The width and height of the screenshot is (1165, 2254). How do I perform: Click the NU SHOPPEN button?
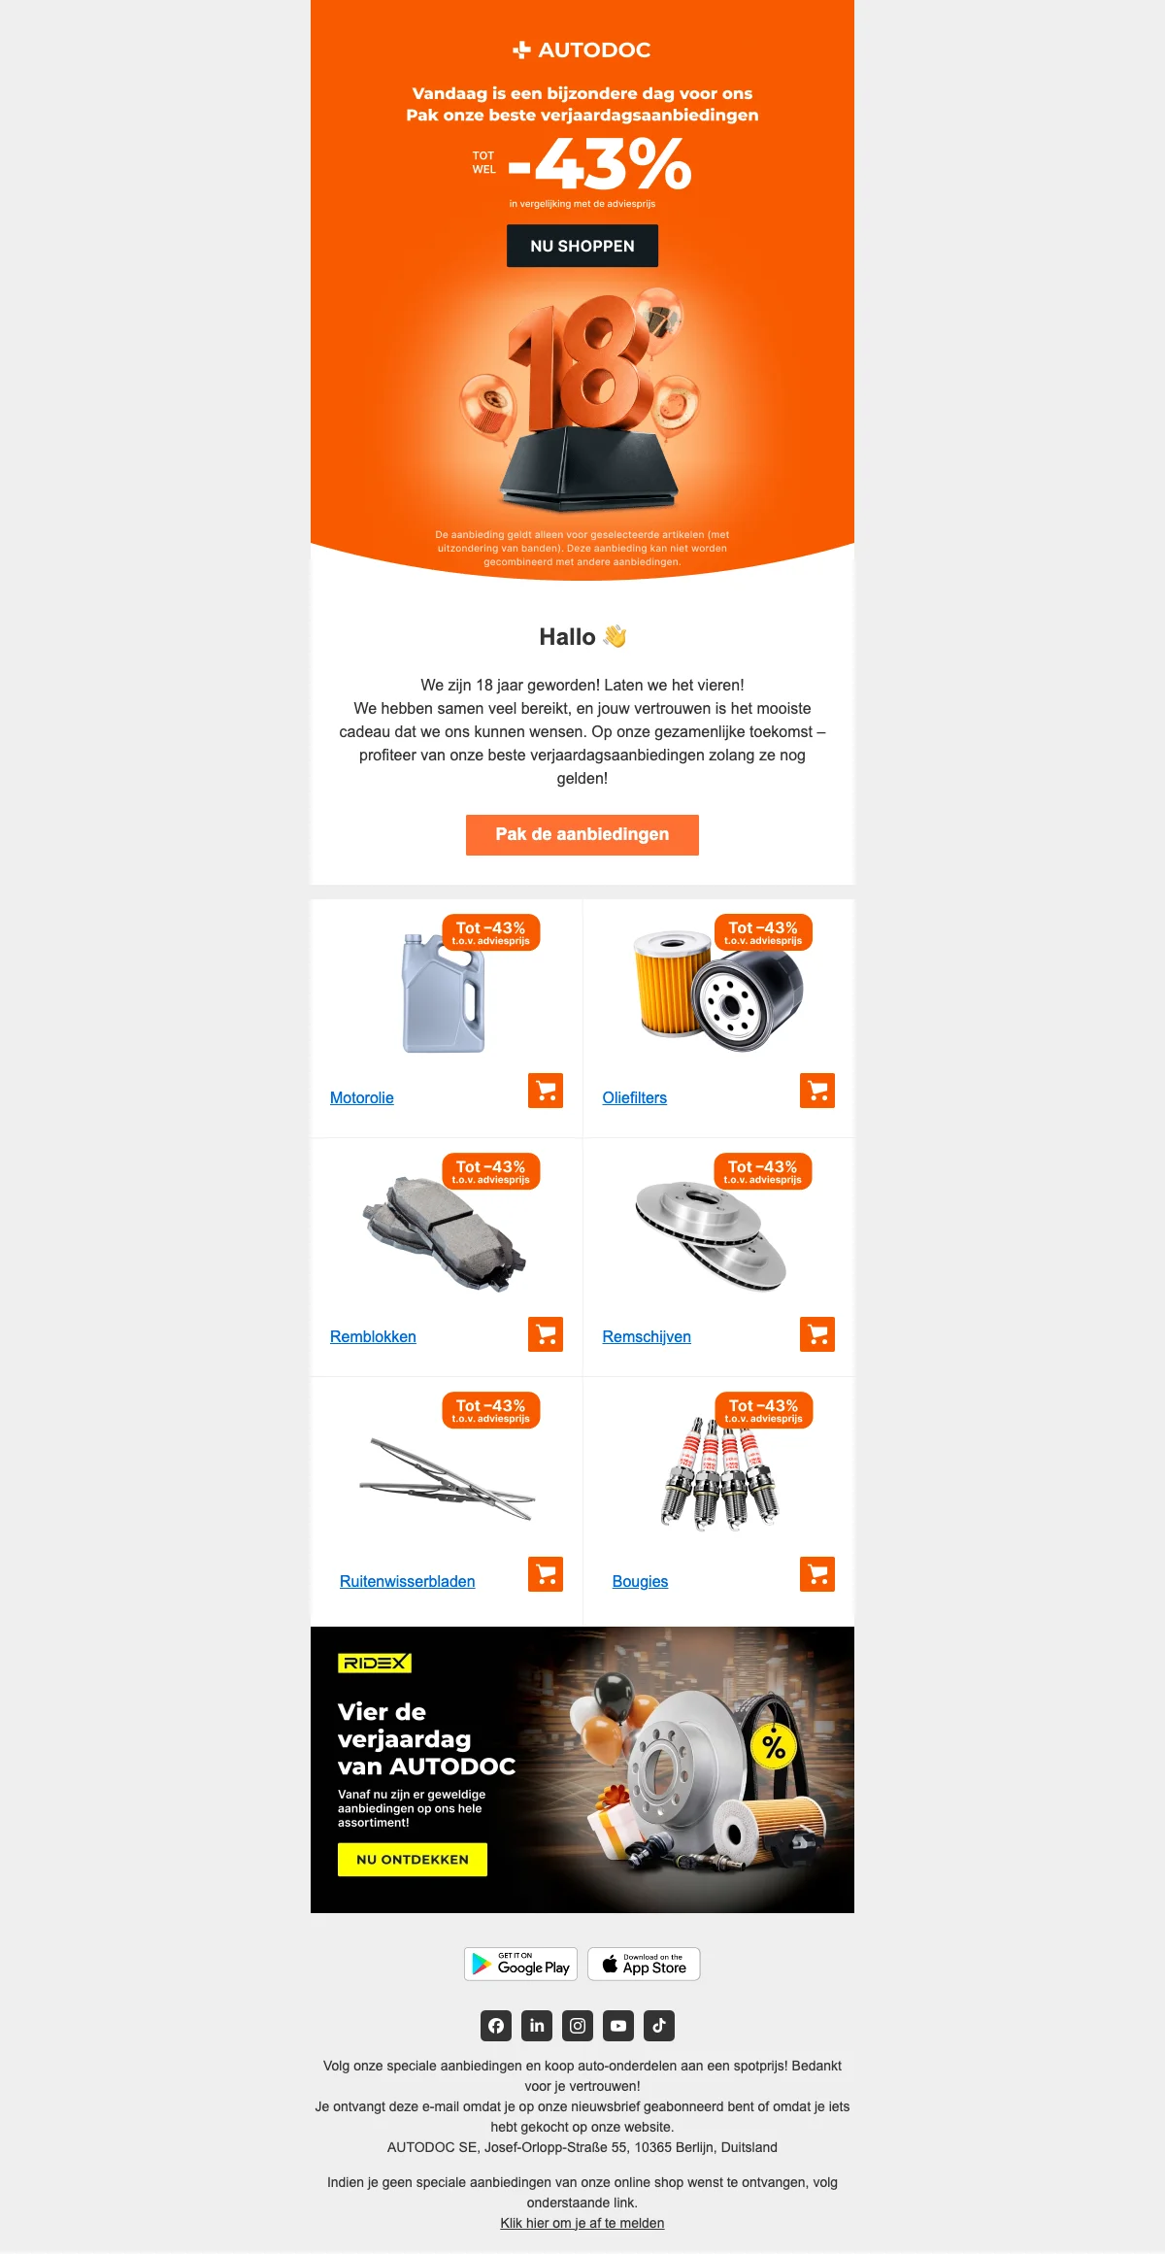click(582, 246)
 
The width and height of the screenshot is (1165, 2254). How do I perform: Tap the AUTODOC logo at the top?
click(582, 50)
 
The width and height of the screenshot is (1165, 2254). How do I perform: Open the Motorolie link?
click(362, 1097)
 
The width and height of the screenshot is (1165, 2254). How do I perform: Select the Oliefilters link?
click(635, 1097)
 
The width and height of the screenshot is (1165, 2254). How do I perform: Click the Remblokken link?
click(373, 1336)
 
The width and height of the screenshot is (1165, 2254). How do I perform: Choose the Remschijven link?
click(647, 1336)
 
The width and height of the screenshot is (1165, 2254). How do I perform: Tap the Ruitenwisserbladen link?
click(408, 1581)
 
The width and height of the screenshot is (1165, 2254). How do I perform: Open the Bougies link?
click(641, 1581)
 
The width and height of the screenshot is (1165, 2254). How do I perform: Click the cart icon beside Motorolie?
click(546, 1091)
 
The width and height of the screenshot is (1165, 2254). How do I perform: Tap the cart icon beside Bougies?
click(817, 1574)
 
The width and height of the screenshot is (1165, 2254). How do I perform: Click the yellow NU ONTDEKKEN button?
click(413, 1860)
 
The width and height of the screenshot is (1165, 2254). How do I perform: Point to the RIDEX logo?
click(375, 1664)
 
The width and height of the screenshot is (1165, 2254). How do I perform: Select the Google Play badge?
click(521, 1964)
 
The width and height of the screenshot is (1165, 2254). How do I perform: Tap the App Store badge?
click(644, 1964)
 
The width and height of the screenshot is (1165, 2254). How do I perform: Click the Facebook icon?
click(496, 2026)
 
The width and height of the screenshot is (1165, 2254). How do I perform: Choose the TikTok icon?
click(659, 2026)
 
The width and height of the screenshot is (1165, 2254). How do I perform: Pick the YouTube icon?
click(618, 2026)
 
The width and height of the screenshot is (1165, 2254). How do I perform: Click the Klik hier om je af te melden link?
click(582, 2223)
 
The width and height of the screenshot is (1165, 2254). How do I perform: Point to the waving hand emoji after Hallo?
click(615, 636)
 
